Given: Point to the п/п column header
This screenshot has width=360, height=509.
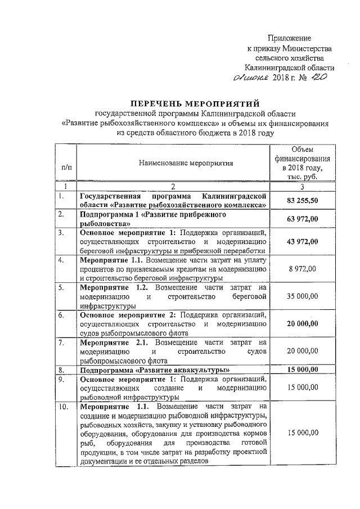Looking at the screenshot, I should click(66, 167).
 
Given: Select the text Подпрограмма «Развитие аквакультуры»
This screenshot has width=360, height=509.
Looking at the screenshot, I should click(155, 370).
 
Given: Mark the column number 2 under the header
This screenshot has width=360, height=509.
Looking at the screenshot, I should click(173, 186).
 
